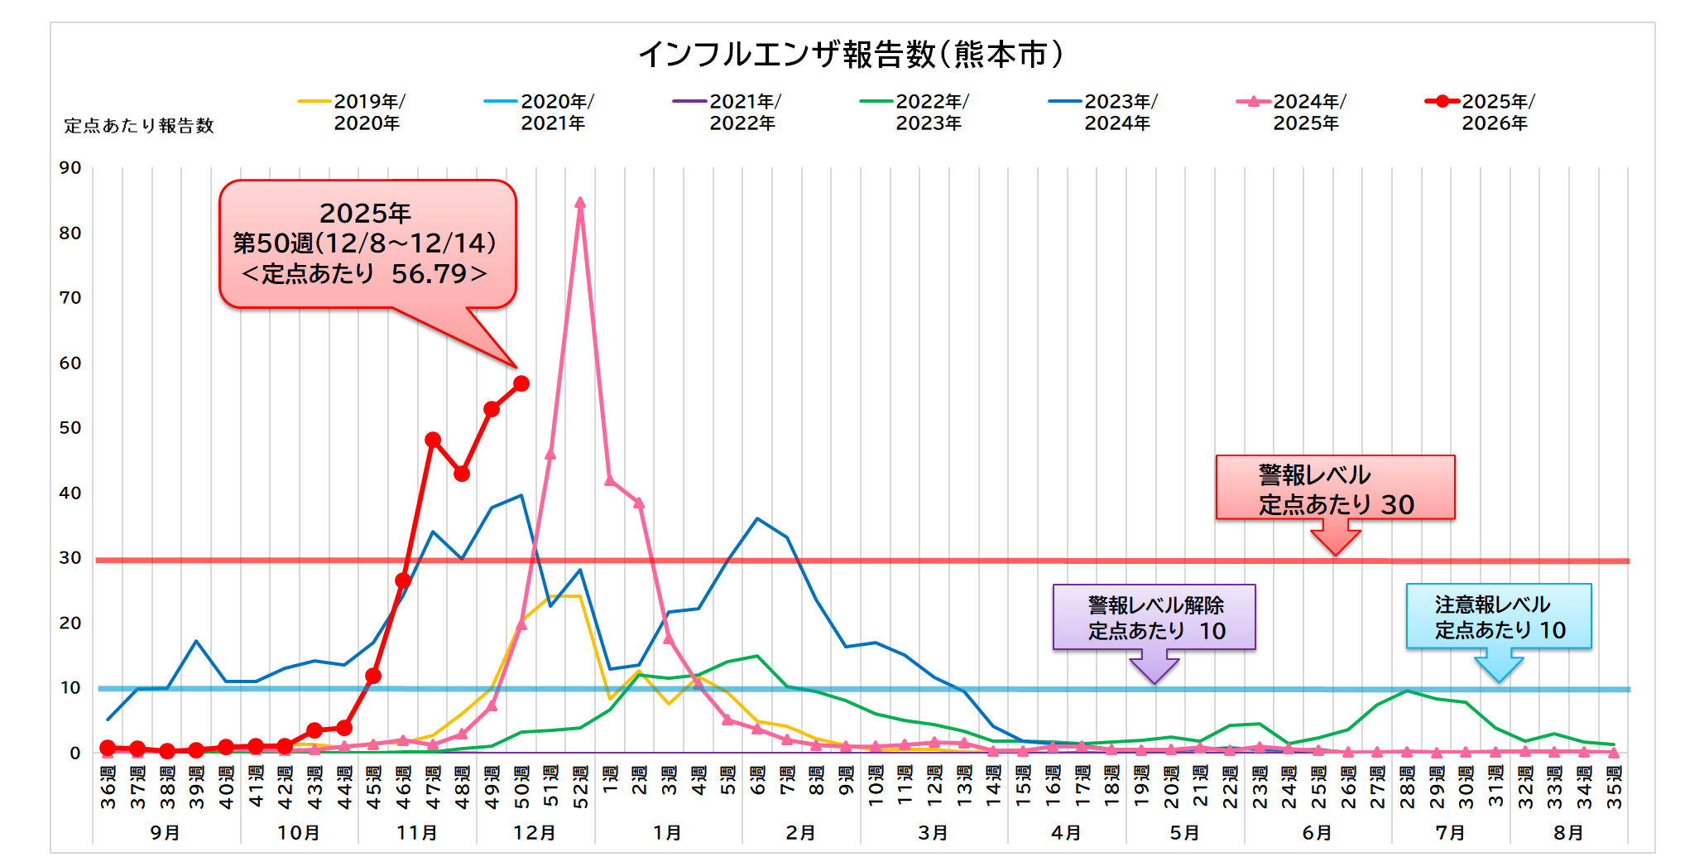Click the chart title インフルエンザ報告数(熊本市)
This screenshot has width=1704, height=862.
[x=851, y=55]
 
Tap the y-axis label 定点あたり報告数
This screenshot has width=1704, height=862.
[x=139, y=126]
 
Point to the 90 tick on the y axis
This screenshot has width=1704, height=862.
[x=70, y=168]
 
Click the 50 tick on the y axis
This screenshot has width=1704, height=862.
[x=70, y=428]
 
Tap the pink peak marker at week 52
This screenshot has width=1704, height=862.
[x=580, y=203]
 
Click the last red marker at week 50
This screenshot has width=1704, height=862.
[x=521, y=383]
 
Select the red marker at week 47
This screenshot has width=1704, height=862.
[x=433, y=440]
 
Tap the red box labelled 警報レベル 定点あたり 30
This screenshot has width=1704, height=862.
[x=1335, y=488]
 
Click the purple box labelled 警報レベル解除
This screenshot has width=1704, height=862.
[x=1154, y=617]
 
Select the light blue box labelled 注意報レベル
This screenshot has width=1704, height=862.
[x=1499, y=616]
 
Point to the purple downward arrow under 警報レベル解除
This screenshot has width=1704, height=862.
[x=1154, y=667]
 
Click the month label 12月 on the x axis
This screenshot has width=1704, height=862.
[x=535, y=832]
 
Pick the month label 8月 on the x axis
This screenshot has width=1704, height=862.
[x=1568, y=832]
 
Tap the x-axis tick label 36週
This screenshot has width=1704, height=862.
[x=108, y=787]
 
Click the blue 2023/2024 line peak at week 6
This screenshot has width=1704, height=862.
[x=757, y=518]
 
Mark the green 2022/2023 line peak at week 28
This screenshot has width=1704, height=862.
[x=1407, y=691]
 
